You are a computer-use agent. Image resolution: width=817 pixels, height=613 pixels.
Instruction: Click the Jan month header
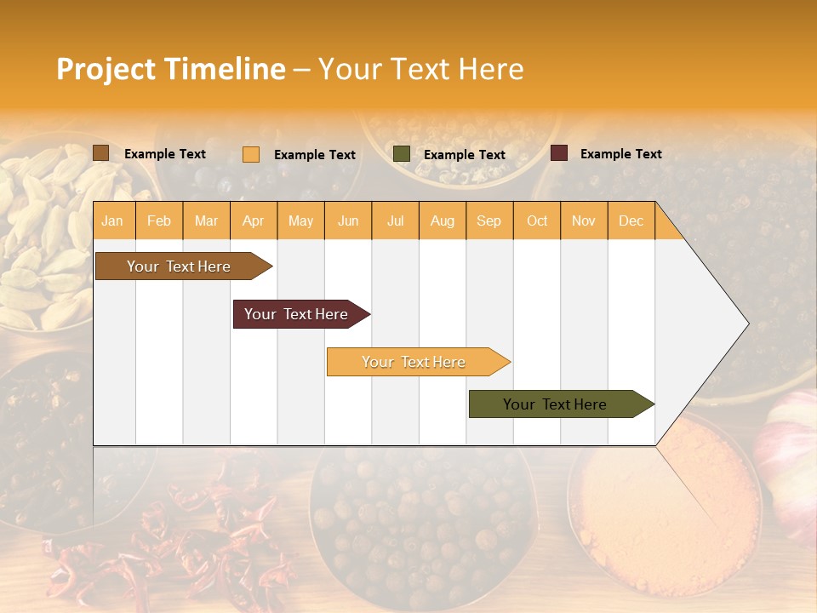tap(112, 221)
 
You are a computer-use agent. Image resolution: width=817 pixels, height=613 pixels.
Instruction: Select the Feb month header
tap(159, 221)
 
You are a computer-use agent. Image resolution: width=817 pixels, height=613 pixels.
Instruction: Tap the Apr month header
tap(254, 221)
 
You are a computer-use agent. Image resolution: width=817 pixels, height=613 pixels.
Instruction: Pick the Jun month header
tap(348, 221)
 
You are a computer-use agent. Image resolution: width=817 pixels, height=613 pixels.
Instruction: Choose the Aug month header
tap(443, 221)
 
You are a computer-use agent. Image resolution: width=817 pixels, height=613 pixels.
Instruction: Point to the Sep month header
tap(489, 221)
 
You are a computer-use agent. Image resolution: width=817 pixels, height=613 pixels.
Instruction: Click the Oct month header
tap(537, 221)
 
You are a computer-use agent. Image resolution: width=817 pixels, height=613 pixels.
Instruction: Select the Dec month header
tap(631, 221)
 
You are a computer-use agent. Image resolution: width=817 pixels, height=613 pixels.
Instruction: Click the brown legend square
tap(101, 153)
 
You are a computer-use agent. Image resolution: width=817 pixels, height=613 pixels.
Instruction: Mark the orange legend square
tap(251, 154)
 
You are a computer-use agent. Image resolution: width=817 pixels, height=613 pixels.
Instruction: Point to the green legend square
tap(402, 154)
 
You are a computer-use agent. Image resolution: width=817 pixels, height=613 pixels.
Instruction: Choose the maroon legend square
tap(559, 153)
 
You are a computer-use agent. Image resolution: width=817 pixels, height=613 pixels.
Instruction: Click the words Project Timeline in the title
tap(171, 69)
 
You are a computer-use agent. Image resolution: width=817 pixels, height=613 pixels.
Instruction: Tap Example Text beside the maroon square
tap(621, 154)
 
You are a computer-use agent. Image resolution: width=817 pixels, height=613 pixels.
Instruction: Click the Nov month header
tap(584, 221)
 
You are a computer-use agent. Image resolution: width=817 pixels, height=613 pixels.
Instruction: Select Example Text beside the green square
tap(465, 155)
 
